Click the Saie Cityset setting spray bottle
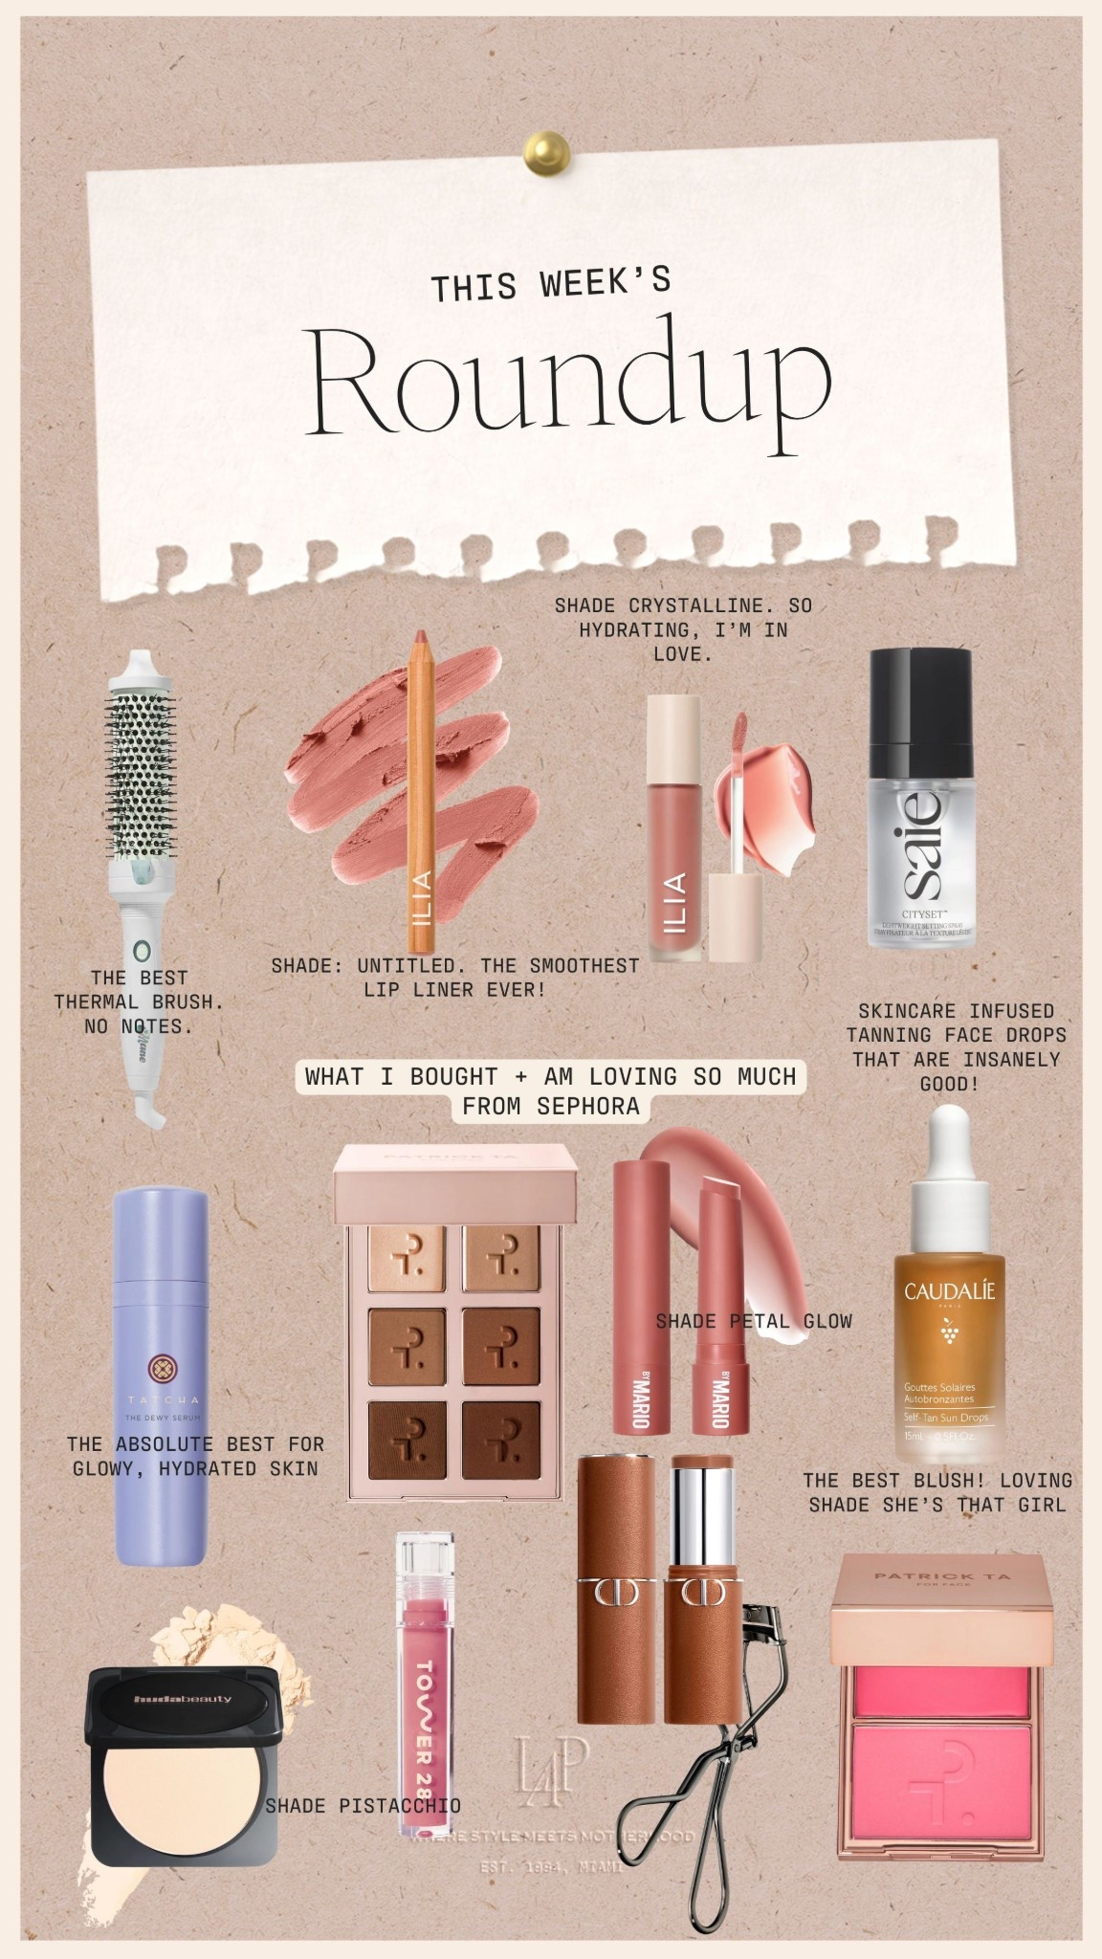tap(920, 842)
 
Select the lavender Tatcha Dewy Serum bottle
tap(160, 1377)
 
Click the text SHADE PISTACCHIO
tap(363, 1805)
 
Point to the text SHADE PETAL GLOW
tap(753, 1321)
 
